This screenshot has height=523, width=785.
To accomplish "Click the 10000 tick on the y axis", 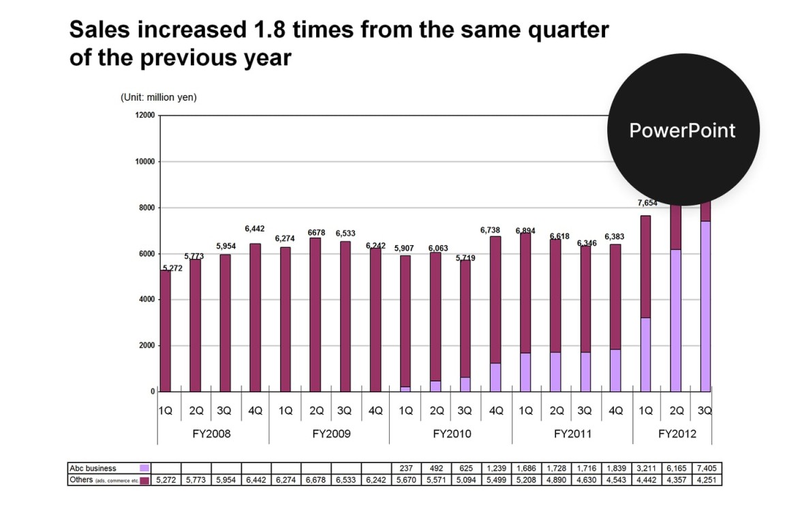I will coord(146,162).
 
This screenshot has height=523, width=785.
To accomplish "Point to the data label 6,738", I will coord(491,231).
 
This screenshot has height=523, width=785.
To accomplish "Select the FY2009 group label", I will coord(331,434).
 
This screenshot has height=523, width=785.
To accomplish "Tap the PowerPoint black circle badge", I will coord(683,129).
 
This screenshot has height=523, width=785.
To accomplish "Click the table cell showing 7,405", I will coord(707,469).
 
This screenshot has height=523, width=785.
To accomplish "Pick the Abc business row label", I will coord(93,469).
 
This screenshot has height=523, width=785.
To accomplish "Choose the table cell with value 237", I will coord(405,469).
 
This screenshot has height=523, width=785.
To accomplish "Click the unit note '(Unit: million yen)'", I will coord(159,97).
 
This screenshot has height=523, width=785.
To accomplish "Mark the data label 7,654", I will coord(647,203).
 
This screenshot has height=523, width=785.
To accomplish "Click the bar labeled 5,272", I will coord(166,330).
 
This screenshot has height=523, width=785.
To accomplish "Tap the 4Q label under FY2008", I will coord(255,411).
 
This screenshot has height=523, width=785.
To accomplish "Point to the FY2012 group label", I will coord(677,434).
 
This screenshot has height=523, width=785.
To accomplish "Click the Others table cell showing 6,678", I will coord(316,480).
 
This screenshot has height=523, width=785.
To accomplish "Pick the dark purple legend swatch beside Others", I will coord(144,480).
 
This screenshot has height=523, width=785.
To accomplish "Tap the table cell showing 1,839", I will coord(615,469).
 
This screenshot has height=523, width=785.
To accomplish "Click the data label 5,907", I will coord(404,249).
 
